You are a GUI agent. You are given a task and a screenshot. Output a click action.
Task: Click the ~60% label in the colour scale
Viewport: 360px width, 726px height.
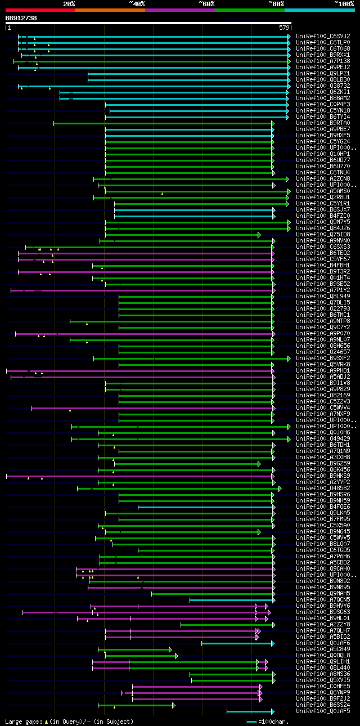(206, 4)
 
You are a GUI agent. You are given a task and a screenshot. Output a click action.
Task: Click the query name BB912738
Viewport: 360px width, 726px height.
(21, 18)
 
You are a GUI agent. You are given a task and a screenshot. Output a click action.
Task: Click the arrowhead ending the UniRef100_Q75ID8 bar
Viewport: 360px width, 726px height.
(259, 235)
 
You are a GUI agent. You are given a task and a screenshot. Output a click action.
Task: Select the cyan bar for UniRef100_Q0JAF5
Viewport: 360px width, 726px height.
(249, 711)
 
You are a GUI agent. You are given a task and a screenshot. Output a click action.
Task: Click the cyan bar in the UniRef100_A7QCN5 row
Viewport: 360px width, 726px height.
(231, 600)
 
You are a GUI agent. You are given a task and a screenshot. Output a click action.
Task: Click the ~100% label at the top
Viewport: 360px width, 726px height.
(344, 4)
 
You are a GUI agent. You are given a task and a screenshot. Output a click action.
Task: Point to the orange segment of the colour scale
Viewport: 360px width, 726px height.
(110, 10)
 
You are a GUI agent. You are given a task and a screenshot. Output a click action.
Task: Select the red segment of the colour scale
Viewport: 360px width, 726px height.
(40, 10)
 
